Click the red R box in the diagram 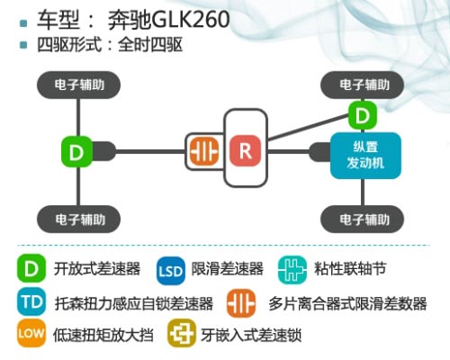click(245, 150)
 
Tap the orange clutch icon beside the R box click(204, 150)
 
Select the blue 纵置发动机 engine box click(365, 156)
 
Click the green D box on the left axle click(76, 151)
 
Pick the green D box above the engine click(363, 115)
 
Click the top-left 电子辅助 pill click(78, 85)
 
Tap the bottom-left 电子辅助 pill click(78, 220)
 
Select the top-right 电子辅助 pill click(363, 85)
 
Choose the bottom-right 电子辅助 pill click(363, 220)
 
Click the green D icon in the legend click(31, 268)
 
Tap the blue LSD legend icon click(170, 271)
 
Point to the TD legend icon click(31, 301)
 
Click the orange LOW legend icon click(31, 333)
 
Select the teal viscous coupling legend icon click(292, 269)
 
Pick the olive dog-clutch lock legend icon click(182, 333)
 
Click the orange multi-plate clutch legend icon click(241, 303)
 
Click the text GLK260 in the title click(191, 20)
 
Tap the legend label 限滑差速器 click(228, 268)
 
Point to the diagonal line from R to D click(308, 127)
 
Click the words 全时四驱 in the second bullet click(150, 45)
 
